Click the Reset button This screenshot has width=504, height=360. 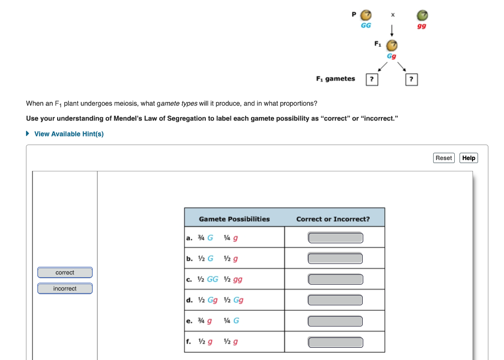(x=443, y=158)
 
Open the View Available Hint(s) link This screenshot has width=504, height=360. (x=68, y=134)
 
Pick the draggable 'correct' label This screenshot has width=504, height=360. (x=65, y=272)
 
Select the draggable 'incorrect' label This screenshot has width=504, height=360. (x=65, y=289)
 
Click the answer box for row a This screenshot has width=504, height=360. (x=335, y=238)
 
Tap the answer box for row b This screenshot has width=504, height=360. (x=335, y=259)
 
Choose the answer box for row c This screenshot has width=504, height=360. (x=335, y=279)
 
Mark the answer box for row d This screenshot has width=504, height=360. (x=335, y=300)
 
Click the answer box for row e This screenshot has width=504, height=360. (x=335, y=321)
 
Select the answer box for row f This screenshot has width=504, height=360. (x=335, y=342)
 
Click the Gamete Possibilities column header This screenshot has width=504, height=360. (x=234, y=219)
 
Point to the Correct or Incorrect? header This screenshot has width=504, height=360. (x=333, y=219)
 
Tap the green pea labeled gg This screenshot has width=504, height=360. (x=422, y=15)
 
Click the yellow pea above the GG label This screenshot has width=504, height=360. (x=366, y=15)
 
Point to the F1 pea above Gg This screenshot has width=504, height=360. (x=391, y=46)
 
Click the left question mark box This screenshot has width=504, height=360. (x=372, y=79)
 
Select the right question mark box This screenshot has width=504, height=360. (x=411, y=79)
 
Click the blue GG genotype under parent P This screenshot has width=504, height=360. (x=366, y=25)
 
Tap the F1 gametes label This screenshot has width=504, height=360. (x=335, y=79)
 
